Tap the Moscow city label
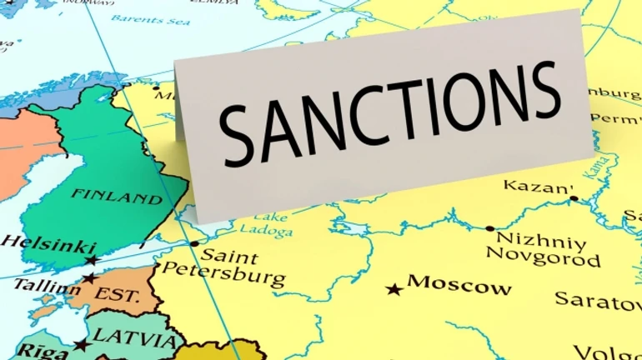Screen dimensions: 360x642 tap(459, 285)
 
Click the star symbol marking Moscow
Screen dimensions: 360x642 tap(394, 289)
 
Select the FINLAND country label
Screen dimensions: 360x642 tap(117, 197)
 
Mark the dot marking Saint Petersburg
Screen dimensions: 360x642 tap(194, 244)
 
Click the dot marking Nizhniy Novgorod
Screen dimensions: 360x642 tap(489, 228)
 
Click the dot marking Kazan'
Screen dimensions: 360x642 tap(574, 198)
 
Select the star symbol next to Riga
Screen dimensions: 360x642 tap(81, 344)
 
